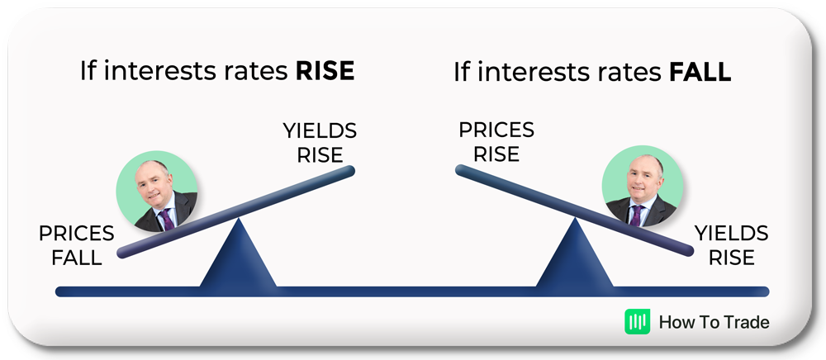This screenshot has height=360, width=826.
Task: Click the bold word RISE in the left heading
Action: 325,71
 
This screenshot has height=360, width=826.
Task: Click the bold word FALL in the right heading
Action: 700,73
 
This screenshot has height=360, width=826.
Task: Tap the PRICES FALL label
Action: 76,246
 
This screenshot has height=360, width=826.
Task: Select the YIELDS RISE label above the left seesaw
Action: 320,143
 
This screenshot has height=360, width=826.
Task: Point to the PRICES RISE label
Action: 496,142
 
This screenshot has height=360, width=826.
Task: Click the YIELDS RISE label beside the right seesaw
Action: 731,245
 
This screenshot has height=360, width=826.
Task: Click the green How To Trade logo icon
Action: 638,321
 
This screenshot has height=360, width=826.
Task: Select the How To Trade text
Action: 714,322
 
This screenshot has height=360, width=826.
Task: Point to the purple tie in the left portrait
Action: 166,219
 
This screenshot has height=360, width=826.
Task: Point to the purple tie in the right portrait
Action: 636,216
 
